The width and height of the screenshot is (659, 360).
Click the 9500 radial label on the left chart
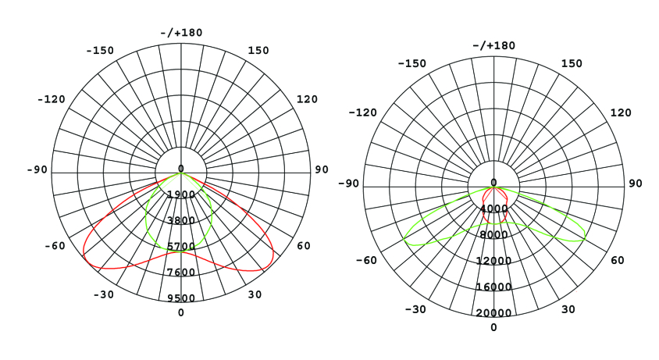(181, 298)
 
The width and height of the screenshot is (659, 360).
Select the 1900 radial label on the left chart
(181, 194)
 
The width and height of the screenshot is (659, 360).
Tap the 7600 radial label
(181, 272)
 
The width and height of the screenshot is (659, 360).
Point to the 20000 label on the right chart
(493, 313)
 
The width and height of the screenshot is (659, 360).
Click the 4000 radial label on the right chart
(493, 209)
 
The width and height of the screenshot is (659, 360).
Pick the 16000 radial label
(493, 287)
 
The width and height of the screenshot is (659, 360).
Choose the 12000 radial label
(493, 261)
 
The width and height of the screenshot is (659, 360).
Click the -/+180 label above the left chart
(181, 32)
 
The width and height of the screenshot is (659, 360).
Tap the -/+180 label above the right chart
(493, 45)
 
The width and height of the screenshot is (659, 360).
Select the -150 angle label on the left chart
(100, 51)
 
